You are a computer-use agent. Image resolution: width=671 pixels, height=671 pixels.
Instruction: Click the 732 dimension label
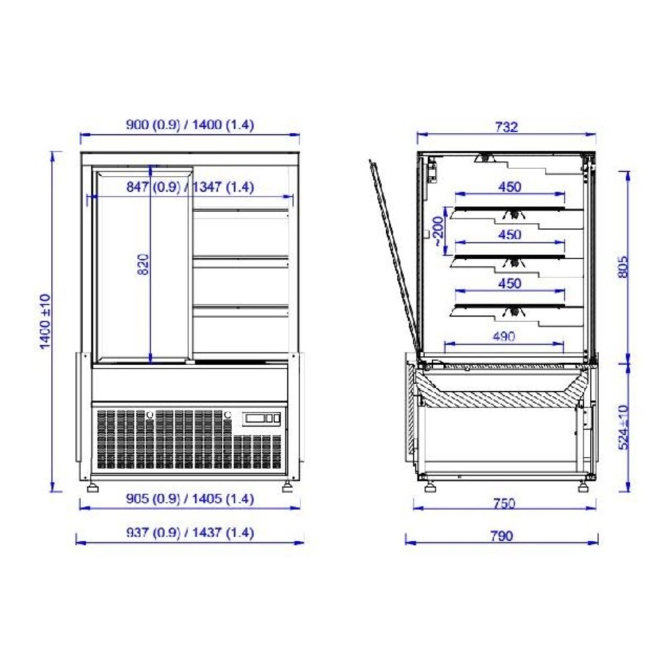[x=507, y=127]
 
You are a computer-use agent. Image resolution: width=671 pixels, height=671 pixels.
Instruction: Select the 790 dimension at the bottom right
[x=501, y=535]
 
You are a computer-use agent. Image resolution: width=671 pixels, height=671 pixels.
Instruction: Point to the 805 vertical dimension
[x=624, y=268]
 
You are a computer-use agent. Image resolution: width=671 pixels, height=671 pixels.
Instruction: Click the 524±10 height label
[x=624, y=427]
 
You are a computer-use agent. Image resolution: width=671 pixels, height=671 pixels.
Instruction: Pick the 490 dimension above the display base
[x=503, y=337]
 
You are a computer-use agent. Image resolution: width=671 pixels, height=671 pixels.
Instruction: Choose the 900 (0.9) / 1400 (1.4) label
[x=190, y=125]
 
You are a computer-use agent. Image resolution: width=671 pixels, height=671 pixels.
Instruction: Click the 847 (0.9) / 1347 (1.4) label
[x=190, y=189]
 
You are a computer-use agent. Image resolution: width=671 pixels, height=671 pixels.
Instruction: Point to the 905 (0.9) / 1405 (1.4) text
[x=190, y=499]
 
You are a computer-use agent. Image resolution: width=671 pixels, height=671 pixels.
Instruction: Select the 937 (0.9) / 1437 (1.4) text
[x=190, y=533]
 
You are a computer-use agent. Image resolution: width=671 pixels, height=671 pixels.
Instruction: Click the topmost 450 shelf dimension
[x=510, y=188]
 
